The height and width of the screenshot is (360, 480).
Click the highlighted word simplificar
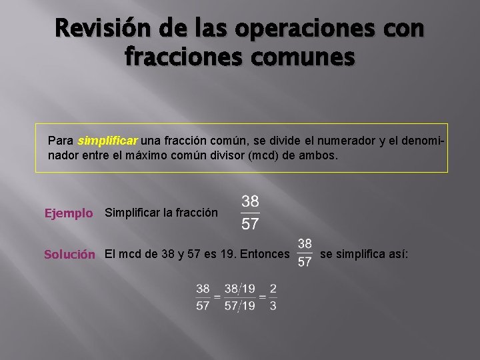tap(107, 141)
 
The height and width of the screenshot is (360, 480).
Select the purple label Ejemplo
tap(68, 213)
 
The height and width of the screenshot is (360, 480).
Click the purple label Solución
tap(69, 254)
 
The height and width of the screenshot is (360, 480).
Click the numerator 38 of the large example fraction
tap(250, 201)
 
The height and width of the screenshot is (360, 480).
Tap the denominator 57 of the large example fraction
tap(250, 224)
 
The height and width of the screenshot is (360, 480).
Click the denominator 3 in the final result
tap(273, 305)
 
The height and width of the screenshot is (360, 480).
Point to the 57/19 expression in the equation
tap(239, 305)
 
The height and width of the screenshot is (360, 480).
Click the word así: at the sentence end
tap(397, 254)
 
